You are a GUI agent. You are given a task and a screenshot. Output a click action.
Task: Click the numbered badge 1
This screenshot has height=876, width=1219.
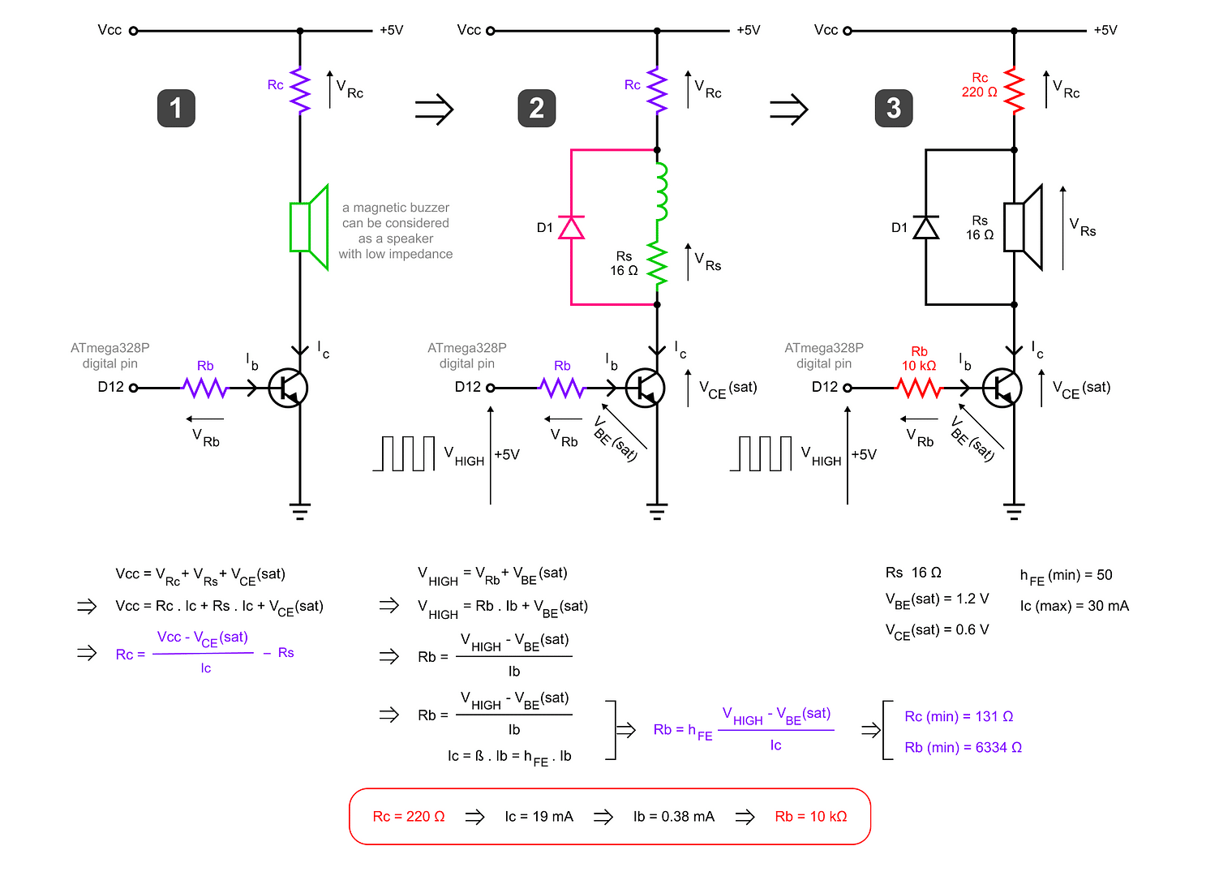coord(176,108)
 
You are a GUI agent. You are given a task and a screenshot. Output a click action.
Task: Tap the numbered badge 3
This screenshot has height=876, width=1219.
coord(894,108)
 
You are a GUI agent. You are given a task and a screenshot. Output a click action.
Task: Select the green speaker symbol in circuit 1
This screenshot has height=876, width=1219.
coord(308,227)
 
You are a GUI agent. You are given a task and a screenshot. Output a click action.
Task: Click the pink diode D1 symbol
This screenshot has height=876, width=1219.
coord(572,228)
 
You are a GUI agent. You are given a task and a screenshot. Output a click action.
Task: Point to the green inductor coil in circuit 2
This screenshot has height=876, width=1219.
coord(661,191)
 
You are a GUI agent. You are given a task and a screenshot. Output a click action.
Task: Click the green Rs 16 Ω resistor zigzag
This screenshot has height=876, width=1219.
coord(657,264)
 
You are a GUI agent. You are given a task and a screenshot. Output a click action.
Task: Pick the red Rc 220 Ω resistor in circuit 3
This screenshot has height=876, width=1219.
coord(1014,90)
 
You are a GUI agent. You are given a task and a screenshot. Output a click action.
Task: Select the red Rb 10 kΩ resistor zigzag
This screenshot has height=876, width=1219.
coord(919,389)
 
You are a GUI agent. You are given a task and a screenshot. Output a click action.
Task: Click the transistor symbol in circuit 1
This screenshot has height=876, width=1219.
coord(288,388)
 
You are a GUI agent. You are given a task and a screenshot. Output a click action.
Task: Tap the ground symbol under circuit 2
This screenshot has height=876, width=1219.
coord(657,511)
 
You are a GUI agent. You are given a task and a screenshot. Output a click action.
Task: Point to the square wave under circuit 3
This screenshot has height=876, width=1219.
coord(761,453)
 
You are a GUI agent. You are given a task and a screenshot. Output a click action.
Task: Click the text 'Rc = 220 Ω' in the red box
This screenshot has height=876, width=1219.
coord(409,817)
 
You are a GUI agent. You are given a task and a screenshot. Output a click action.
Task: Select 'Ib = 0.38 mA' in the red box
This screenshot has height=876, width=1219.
coord(674,817)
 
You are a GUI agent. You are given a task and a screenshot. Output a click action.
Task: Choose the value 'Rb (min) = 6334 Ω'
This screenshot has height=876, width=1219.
coord(964,748)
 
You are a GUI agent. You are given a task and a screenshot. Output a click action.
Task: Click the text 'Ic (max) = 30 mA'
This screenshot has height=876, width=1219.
coord(1074,606)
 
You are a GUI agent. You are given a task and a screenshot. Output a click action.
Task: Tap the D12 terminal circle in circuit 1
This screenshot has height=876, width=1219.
coord(134,388)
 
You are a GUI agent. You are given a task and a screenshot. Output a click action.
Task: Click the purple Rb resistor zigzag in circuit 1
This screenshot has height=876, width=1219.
coord(205,389)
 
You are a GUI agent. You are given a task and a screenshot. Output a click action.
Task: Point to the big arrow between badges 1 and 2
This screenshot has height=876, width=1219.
coord(434,109)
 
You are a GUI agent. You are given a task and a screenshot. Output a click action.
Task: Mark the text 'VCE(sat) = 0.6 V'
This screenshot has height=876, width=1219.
coord(937,630)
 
